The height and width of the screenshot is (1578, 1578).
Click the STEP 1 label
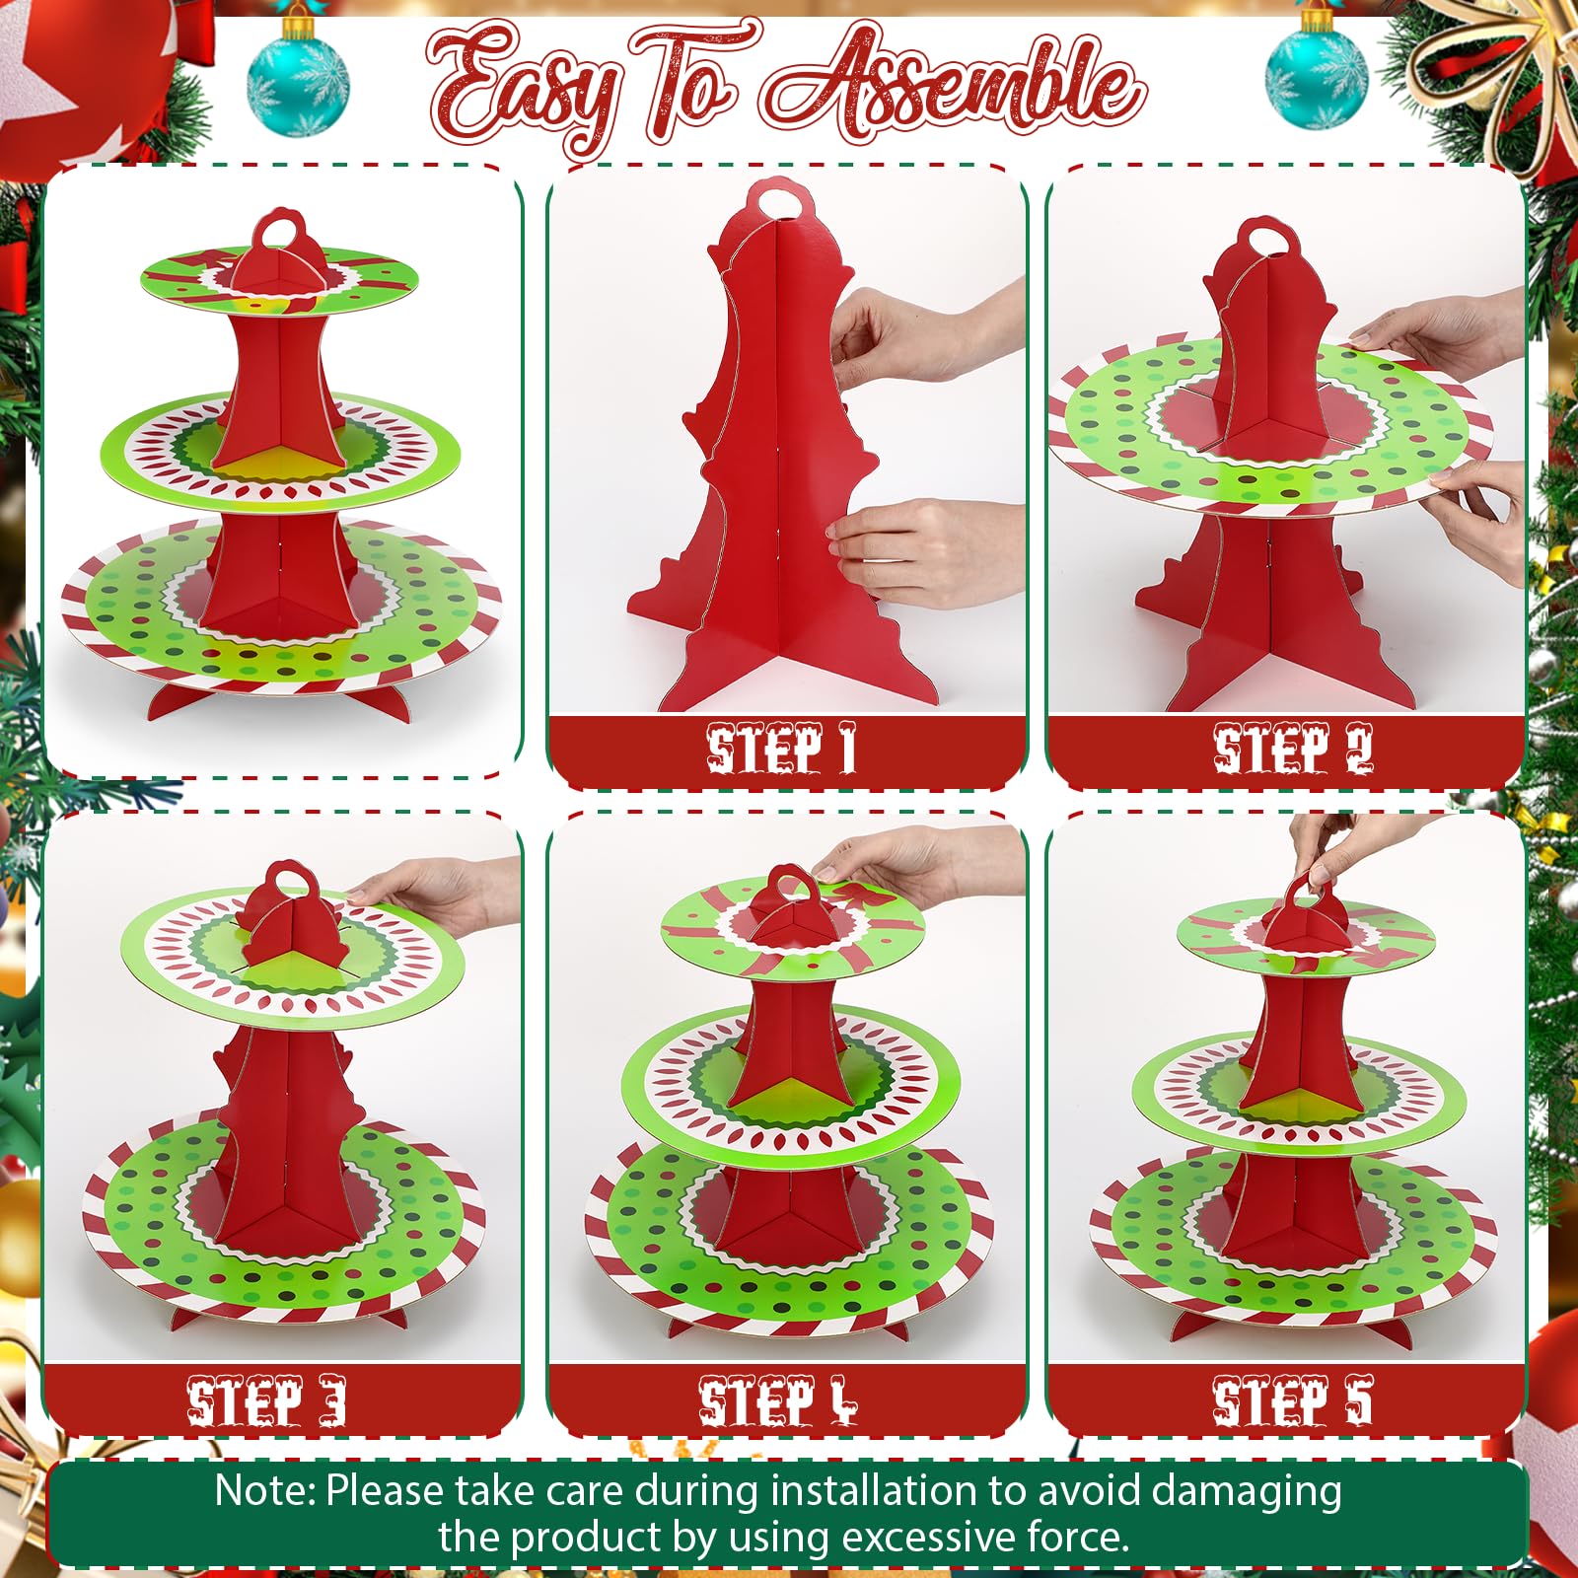781,750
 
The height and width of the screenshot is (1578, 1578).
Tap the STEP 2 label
1292,750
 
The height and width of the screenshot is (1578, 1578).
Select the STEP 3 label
267,1400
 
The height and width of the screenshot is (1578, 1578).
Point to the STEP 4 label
779,1400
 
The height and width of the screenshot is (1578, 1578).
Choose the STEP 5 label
1292,1400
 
